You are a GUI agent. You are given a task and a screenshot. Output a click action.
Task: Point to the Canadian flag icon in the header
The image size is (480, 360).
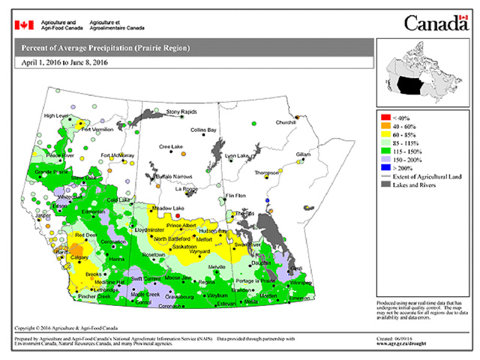[24, 25]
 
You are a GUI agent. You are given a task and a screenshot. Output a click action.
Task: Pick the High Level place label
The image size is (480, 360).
[57, 115]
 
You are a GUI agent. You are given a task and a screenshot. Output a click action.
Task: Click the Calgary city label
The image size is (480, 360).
[79, 257]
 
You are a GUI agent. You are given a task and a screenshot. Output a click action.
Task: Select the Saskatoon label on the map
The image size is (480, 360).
[184, 247]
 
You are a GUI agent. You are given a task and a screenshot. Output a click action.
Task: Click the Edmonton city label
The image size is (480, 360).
[94, 211]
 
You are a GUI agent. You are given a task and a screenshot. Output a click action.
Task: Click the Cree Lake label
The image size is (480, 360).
[169, 146]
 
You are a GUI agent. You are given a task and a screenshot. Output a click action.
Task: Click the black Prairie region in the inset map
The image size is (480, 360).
[412, 84]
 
